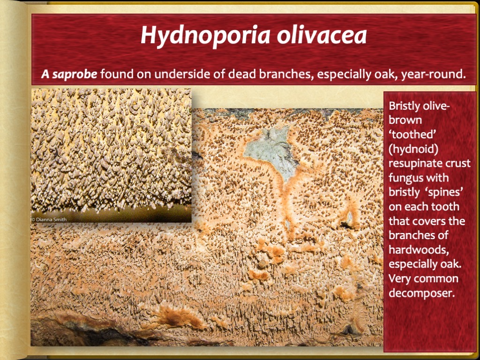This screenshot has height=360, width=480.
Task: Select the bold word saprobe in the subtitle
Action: (75, 74)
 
